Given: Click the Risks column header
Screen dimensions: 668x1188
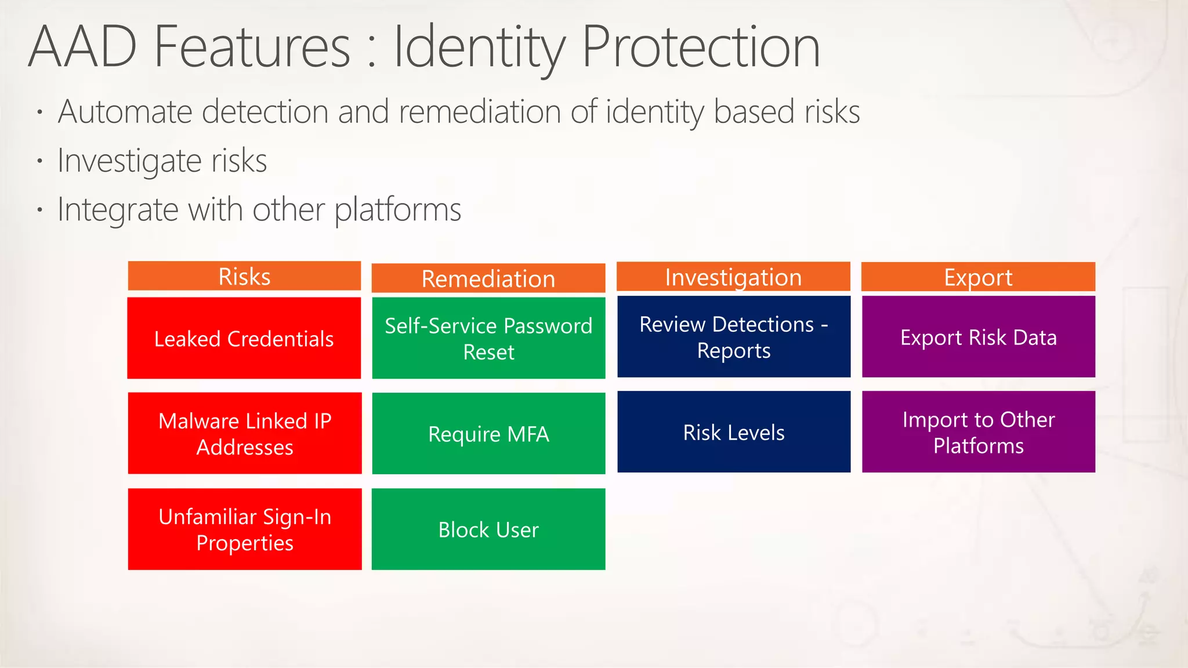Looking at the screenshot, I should (x=244, y=276).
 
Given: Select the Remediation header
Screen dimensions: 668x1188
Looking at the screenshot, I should (x=488, y=278).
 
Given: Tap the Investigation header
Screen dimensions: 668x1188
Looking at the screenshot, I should (x=733, y=277).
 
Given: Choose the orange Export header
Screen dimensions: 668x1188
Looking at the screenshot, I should (x=978, y=277).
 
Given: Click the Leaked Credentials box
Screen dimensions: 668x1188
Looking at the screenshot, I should (x=244, y=338).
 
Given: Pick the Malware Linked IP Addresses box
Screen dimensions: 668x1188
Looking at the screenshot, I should (x=244, y=433).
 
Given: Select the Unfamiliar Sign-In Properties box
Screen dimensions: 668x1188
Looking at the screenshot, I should (x=244, y=529).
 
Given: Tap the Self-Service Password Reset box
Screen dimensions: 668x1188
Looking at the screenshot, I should (x=488, y=338).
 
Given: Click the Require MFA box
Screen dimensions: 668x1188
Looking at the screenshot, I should (x=488, y=433).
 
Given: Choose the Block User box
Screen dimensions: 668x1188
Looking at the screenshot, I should (x=488, y=529).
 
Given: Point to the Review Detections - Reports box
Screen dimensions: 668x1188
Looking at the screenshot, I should (x=733, y=337).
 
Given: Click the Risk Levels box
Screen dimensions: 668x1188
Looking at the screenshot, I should (x=733, y=432).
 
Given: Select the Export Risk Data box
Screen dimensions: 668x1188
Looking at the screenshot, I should (x=978, y=337).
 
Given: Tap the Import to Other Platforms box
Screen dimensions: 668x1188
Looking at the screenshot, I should (x=978, y=432).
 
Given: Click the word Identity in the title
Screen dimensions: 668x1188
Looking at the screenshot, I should (x=478, y=48).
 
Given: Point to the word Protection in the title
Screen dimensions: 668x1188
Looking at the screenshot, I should (x=701, y=48).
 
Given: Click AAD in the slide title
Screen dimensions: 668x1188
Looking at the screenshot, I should (x=82, y=48).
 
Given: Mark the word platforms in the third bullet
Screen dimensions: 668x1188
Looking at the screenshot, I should (x=398, y=209).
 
